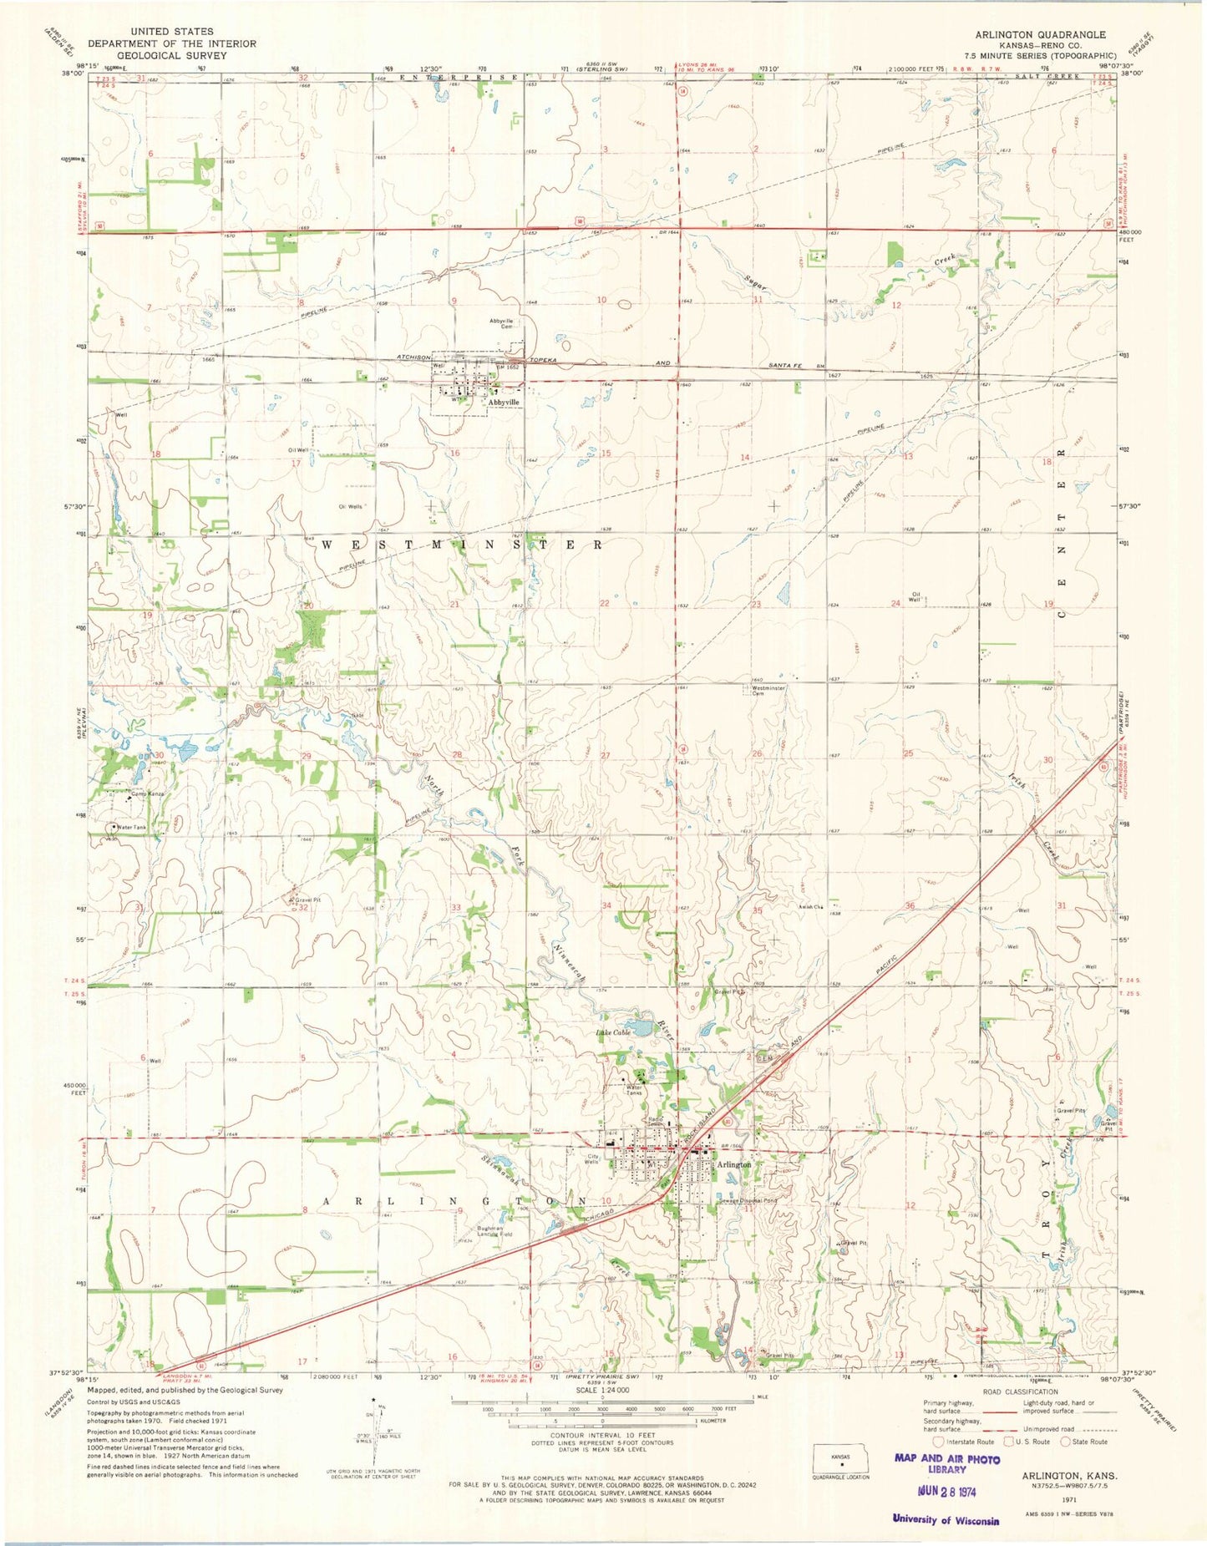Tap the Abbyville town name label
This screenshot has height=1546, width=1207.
pyautogui.click(x=504, y=402)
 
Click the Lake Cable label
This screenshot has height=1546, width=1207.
pyautogui.click(x=612, y=1032)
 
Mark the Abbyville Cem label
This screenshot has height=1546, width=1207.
pyautogui.click(x=506, y=324)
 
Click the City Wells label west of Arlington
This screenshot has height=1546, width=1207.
pyautogui.click(x=591, y=1159)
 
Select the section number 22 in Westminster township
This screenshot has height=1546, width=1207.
pyautogui.click(x=604, y=602)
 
